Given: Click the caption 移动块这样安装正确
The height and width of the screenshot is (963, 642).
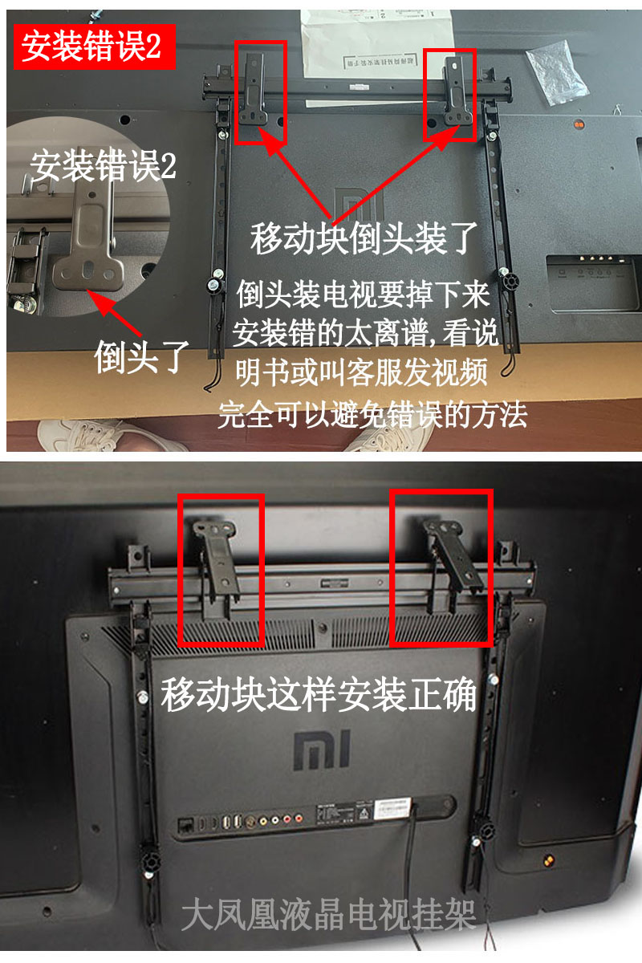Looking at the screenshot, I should (x=319, y=695).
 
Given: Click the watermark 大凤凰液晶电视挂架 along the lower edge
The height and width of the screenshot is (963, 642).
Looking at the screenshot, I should (x=329, y=915).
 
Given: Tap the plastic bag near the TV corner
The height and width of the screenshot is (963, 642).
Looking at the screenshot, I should (x=558, y=70).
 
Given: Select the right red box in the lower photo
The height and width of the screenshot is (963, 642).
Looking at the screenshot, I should (x=441, y=569).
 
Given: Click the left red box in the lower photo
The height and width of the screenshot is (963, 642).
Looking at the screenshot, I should (x=221, y=570).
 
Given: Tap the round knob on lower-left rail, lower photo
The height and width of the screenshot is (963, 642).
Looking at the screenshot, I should (x=149, y=863).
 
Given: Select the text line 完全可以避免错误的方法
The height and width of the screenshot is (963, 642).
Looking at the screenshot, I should (x=372, y=415).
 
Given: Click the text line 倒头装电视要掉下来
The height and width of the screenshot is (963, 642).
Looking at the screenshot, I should (x=363, y=295).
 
